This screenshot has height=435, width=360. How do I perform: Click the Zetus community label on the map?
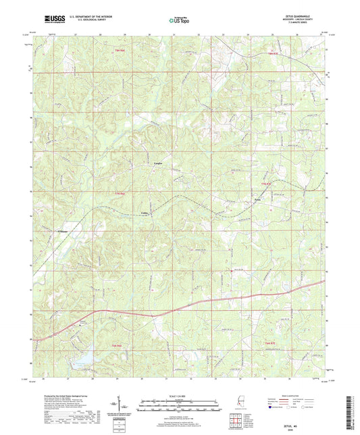tap(257, 201)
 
